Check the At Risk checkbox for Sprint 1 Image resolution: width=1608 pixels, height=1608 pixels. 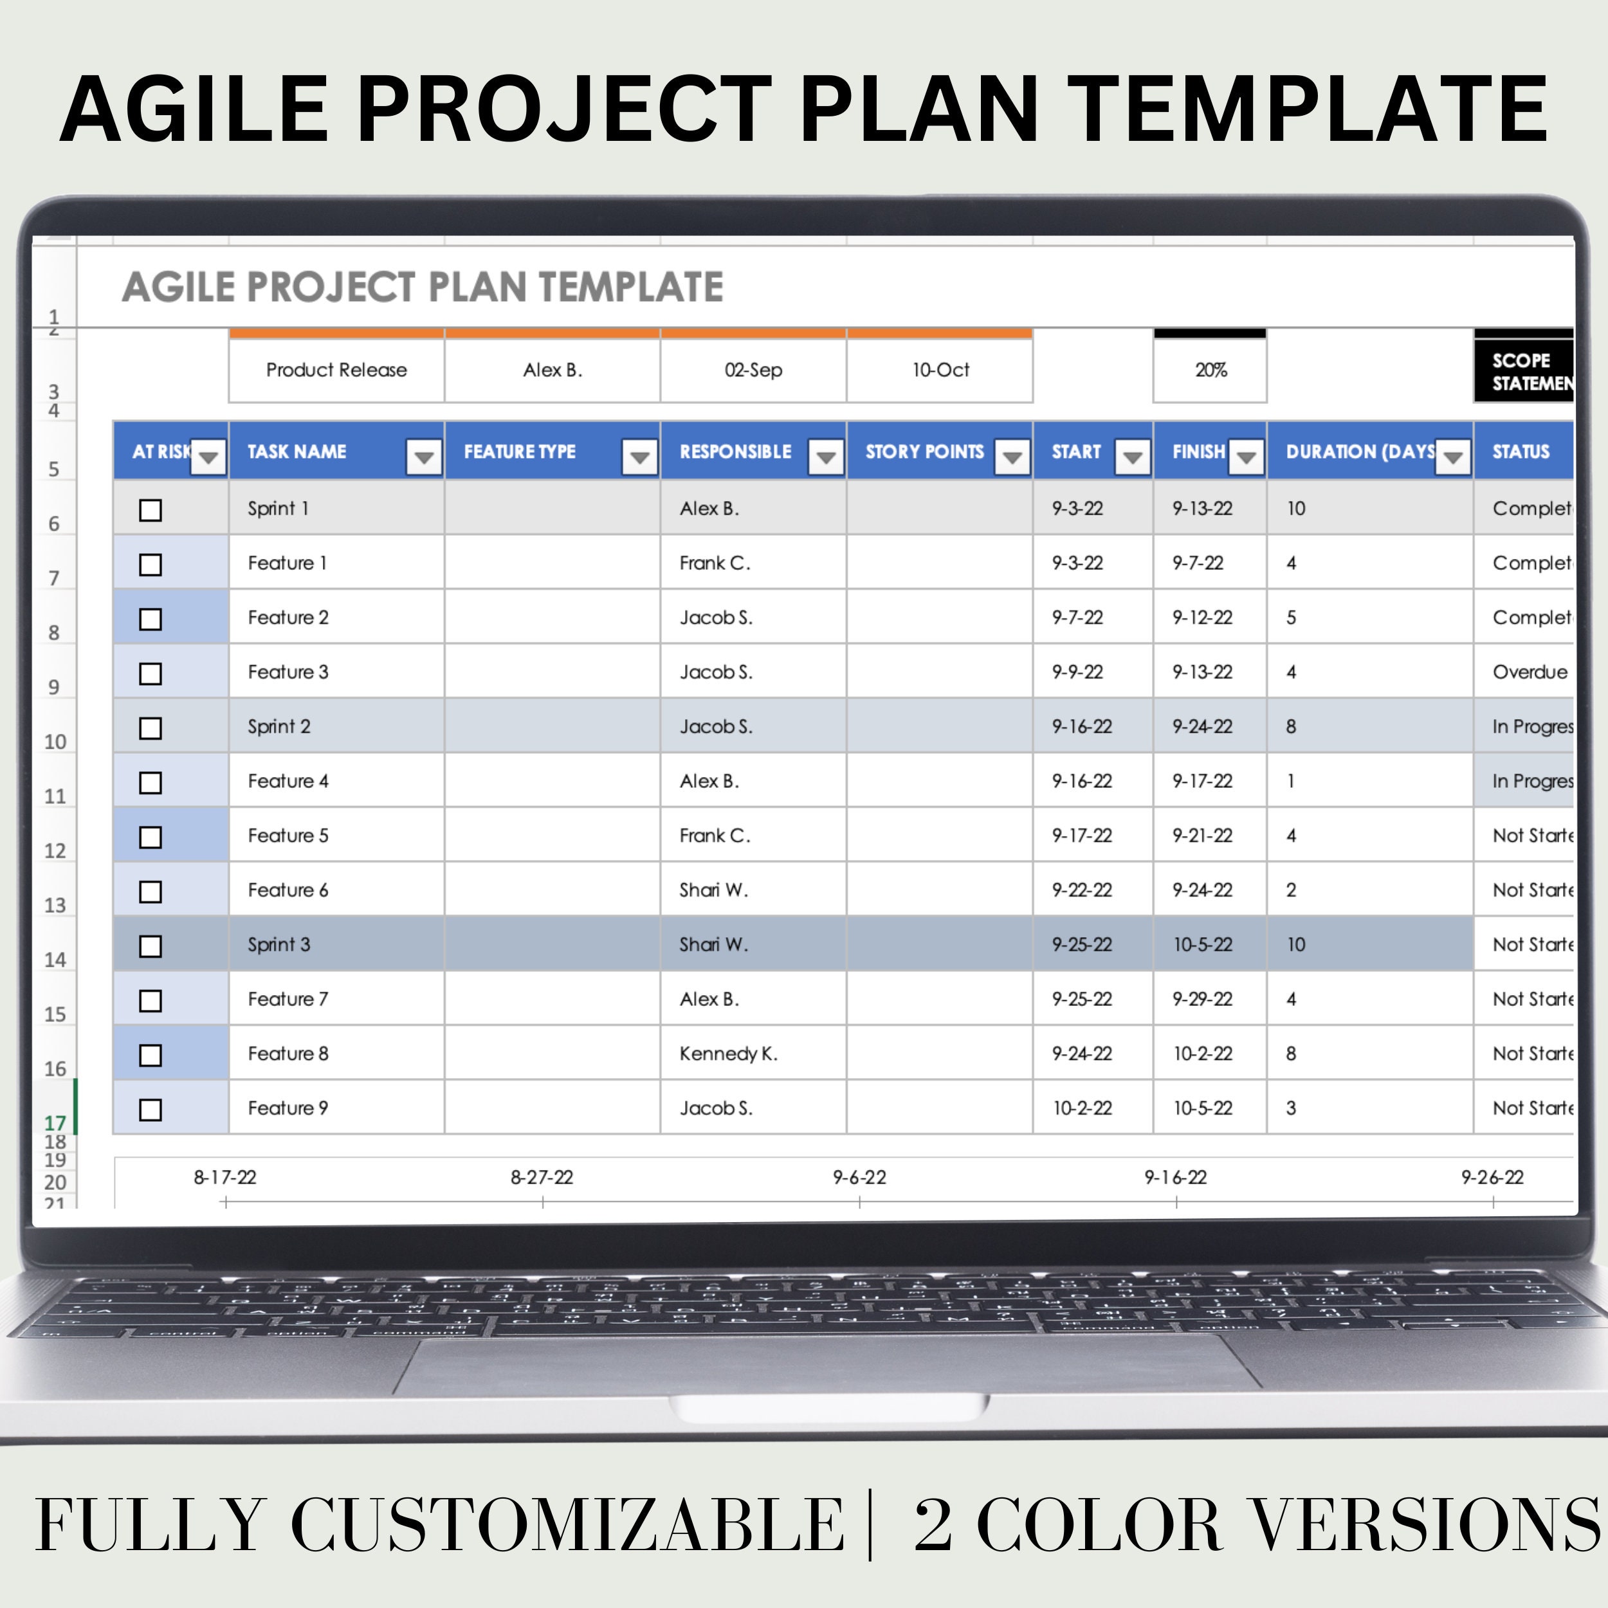pos(151,509)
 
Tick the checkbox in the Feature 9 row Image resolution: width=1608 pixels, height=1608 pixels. pos(151,1110)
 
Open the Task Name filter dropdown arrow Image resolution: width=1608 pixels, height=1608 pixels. pos(424,457)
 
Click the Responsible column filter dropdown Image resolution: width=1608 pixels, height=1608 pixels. pos(826,457)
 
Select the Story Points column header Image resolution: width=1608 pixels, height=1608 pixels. pos(924,452)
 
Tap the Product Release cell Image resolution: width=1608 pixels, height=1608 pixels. pos(336,370)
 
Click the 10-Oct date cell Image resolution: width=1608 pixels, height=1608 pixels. pos(940,370)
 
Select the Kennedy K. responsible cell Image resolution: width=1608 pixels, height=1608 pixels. pos(728,1054)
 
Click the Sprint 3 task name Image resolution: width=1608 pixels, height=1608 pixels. pos(279,945)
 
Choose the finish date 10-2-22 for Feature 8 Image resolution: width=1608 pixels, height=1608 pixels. pos(1202,1054)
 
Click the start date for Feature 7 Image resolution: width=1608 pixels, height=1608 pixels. pos(1081,1000)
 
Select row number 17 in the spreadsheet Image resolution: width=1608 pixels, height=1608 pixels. pos(55,1123)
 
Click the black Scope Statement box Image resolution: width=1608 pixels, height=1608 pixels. pos(1525,371)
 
